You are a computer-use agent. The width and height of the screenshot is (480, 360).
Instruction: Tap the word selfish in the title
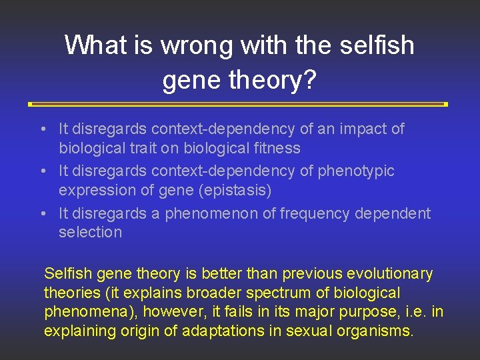376,45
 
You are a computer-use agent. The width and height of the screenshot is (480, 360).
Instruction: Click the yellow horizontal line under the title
238,105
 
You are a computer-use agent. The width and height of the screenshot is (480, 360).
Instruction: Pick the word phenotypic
357,171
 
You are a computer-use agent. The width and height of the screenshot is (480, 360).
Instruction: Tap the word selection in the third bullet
91,233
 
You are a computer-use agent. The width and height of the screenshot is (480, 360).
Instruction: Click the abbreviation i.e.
412,312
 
